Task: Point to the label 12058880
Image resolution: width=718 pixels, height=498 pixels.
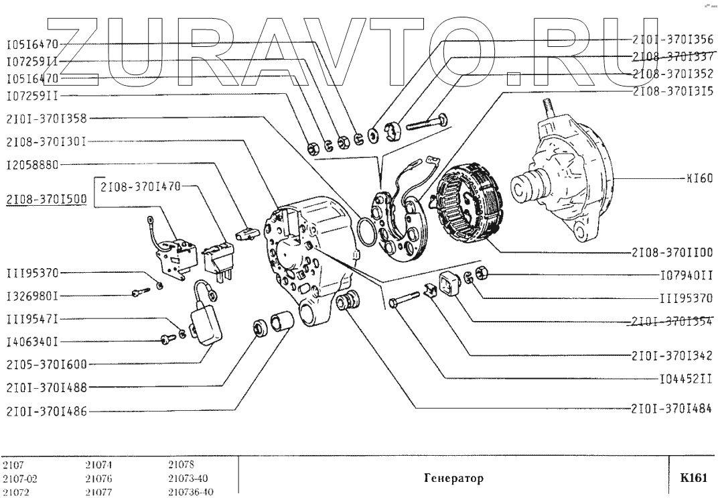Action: [32, 164]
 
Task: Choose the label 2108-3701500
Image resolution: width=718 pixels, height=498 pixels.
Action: [47, 199]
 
